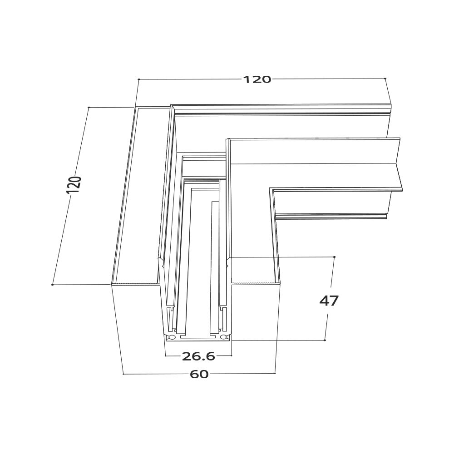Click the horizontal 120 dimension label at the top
[x=257, y=79]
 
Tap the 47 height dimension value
[x=329, y=301]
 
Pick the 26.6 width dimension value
[x=198, y=356]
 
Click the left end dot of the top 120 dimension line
[x=138, y=79]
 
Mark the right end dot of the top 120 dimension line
[x=385, y=79]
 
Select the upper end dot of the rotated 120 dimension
[x=89, y=108]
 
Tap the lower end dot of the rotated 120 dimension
[x=53, y=285]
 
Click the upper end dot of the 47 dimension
[x=334, y=257]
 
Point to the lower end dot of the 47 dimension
[x=325, y=340]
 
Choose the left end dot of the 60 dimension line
[x=123, y=374]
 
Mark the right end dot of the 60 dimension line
[x=275, y=373]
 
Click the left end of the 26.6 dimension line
[x=165, y=356]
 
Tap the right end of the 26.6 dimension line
[x=232, y=356]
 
